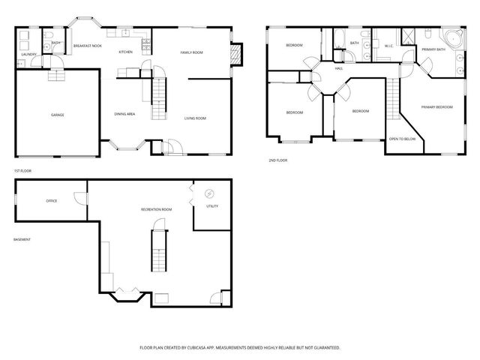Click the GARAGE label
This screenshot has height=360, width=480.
click(57, 115)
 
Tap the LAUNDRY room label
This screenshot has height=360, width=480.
click(29, 55)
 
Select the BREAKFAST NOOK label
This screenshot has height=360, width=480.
click(88, 46)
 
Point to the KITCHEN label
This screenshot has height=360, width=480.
click(125, 52)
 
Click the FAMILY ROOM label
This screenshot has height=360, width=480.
click(191, 52)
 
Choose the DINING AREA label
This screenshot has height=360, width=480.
click(124, 114)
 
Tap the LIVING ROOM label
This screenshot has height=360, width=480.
click(196, 118)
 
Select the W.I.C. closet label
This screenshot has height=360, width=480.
click(389, 46)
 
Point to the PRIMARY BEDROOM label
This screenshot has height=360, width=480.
click(436, 107)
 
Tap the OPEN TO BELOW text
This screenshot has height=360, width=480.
click(402, 139)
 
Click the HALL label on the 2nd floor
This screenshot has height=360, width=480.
click(339, 68)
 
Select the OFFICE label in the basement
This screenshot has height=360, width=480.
click(52, 201)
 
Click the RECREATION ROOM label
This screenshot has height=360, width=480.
click(156, 209)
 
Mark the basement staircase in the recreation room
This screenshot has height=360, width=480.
click(157, 251)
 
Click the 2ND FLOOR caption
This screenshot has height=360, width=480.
click(277, 160)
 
